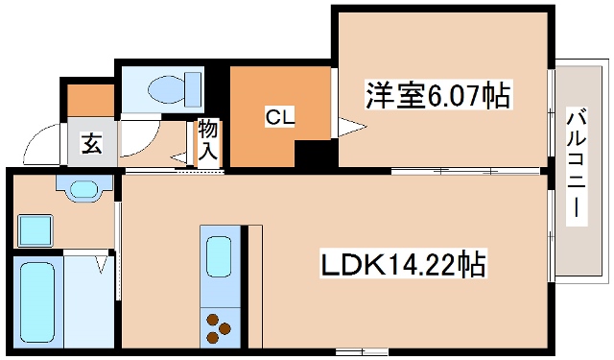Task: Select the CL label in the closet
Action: pos(280,118)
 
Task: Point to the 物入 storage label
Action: pos(208,140)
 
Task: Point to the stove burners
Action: pos(219,325)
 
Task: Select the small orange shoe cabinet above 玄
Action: pos(90,100)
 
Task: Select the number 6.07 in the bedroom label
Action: pos(451,95)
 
